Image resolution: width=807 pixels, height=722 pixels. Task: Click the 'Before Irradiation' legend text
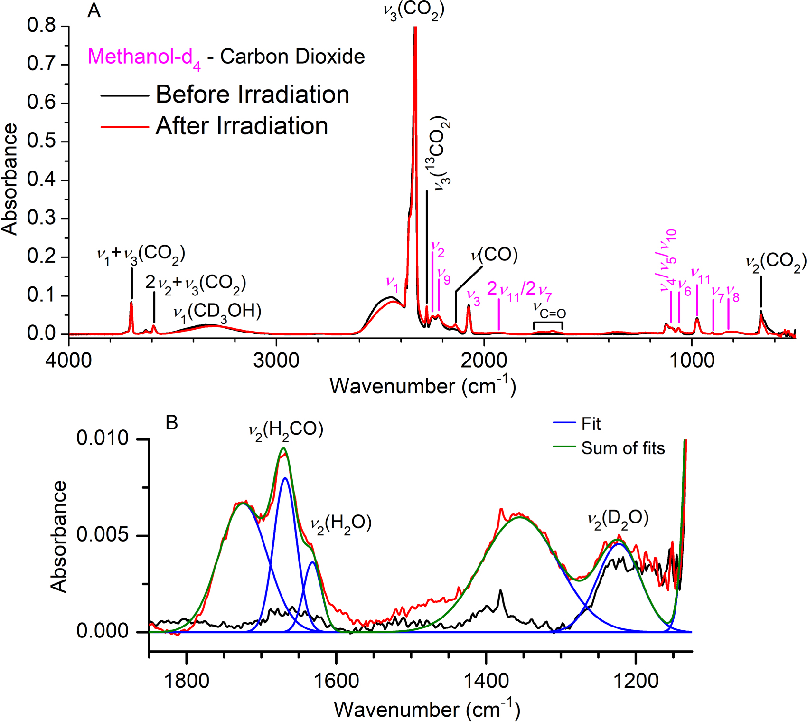click(x=252, y=95)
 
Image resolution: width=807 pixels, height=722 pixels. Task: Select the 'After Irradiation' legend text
click(x=242, y=126)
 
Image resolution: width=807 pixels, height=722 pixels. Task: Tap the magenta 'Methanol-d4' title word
click(x=144, y=57)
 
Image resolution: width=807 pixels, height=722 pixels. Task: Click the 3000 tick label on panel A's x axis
click(x=276, y=361)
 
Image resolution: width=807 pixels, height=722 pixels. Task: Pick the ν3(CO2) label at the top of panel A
click(x=414, y=10)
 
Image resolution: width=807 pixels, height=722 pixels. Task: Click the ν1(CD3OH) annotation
click(x=217, y=312)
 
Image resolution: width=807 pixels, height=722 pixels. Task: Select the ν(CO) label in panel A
click(x=494, y=255)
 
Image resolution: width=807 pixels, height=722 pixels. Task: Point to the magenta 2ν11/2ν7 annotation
click(x=519, y=289)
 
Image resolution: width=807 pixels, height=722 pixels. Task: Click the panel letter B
click(x=171, y=422)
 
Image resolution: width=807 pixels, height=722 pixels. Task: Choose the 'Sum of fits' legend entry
click(x=622, y=448)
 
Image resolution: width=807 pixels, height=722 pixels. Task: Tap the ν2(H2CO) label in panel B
click(x=286, y=430)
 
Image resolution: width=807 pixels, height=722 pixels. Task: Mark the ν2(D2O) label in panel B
click(x=618, y=518)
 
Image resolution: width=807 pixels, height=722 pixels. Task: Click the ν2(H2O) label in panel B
click(x=340, y=523)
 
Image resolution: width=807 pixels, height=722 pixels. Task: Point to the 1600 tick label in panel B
click(x=337, y=681)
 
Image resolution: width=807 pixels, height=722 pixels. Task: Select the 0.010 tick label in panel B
click(x=103, y=438)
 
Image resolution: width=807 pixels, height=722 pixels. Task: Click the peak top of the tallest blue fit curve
click(x=285, y=478)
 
